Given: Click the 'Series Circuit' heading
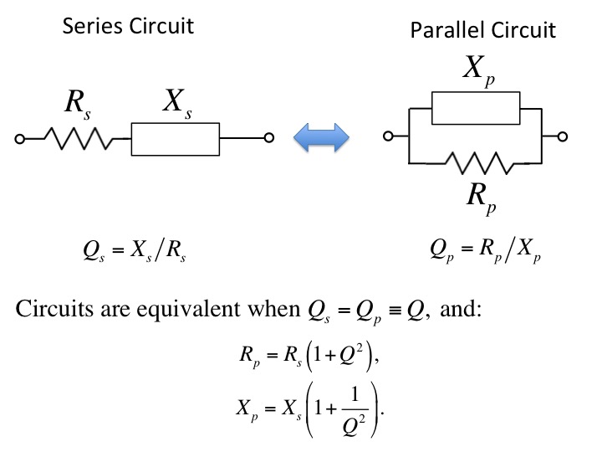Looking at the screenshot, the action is [128, 26].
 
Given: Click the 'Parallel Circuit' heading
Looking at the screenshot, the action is [483, 30].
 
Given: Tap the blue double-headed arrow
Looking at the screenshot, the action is [321, 137].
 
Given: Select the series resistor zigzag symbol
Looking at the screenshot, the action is [79, 138].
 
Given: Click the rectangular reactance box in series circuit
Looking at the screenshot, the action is [176, 139].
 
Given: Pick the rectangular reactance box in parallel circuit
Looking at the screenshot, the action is [476, 108].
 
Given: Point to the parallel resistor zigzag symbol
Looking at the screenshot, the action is [480, 163].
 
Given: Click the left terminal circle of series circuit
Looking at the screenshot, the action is [19, 139].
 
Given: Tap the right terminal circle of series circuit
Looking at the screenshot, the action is [269, 137].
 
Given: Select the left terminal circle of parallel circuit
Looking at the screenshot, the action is [388, 136].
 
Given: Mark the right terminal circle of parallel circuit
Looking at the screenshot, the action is [563, 136].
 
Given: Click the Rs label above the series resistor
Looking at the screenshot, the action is [78, 104].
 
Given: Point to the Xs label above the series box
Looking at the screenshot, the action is [177, 103].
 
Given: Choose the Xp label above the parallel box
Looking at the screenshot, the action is [479, 70].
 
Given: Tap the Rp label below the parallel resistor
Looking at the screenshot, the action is [482, 198].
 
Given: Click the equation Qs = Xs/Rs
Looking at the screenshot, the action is [135, 251].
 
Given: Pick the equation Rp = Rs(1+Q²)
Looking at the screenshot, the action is [309, 357].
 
